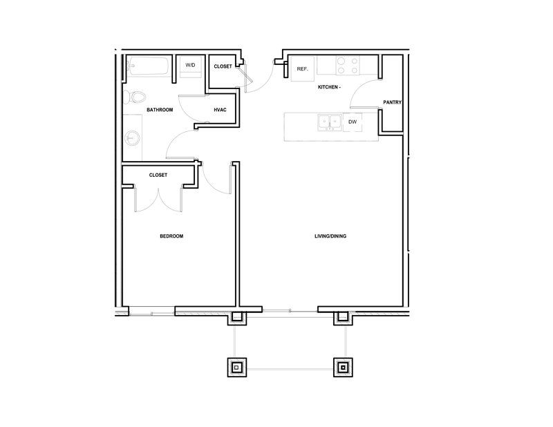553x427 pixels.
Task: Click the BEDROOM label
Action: [x=171, y=236]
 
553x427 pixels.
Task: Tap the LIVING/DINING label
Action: [x=330, y=236]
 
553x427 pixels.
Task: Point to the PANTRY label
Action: [x=392, y=102]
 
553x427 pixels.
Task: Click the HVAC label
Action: [x=220, y=110]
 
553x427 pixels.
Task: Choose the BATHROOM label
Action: [x=160, y=110]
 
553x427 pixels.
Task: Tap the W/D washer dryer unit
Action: [x=191, y=66]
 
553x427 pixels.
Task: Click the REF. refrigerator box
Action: [x=303, y=69]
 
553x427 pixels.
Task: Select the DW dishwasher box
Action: [x=353, y=122]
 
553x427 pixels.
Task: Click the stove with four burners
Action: [x=348, y=66]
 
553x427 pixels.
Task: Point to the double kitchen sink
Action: [x=330, y=122]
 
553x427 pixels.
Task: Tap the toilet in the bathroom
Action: [x=134, y=97]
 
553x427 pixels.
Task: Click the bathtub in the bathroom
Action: [x=147, y=66]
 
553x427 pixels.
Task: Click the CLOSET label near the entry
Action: [x=223, y=66]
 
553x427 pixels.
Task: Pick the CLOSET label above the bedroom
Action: [x=158, y=175]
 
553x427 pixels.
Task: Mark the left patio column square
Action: [x=237, y=368]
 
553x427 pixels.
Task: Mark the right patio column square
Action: [x=343, y=368]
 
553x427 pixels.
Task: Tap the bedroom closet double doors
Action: [x=158, y=200]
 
